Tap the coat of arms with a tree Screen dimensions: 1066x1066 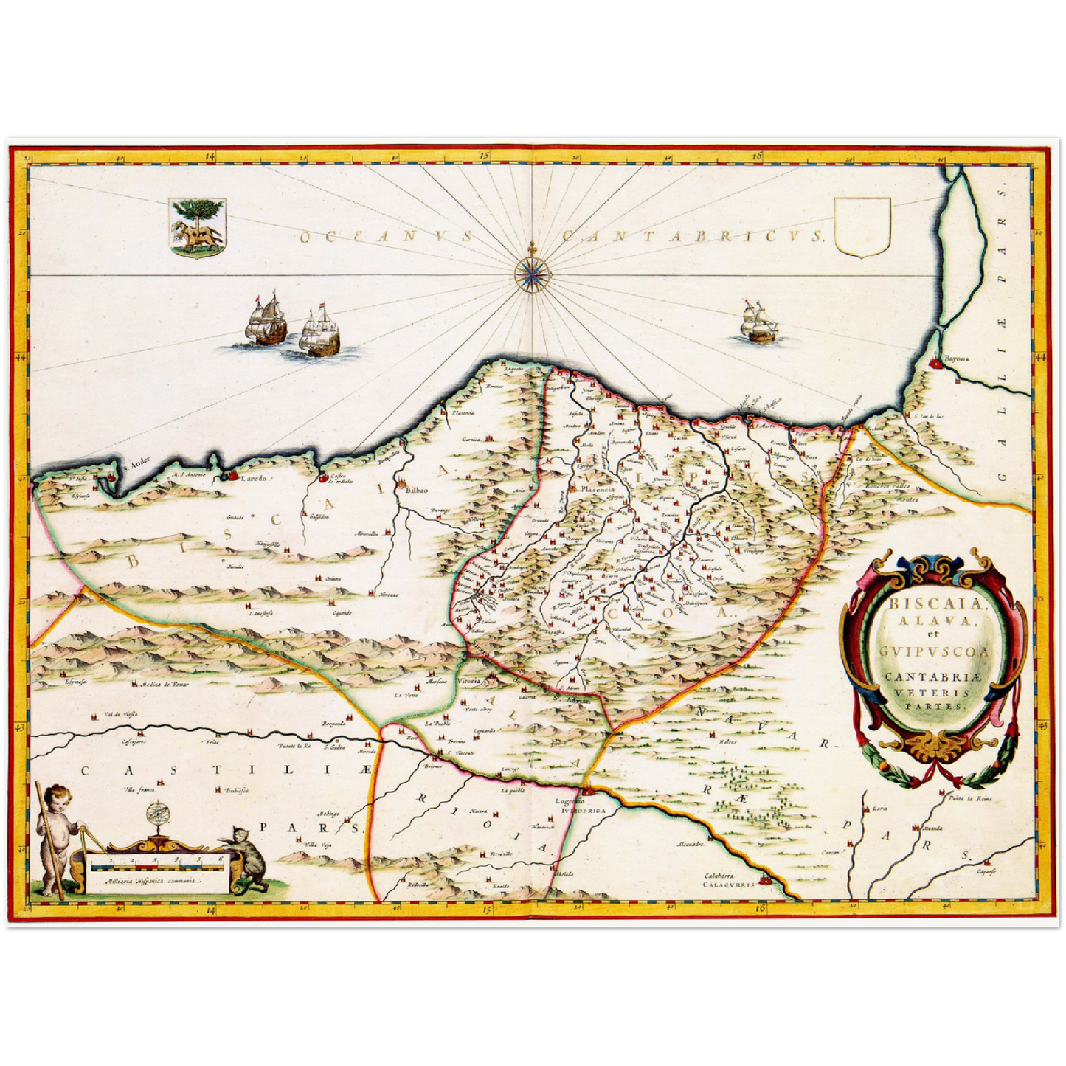197,226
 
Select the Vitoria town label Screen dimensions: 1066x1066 469,680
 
